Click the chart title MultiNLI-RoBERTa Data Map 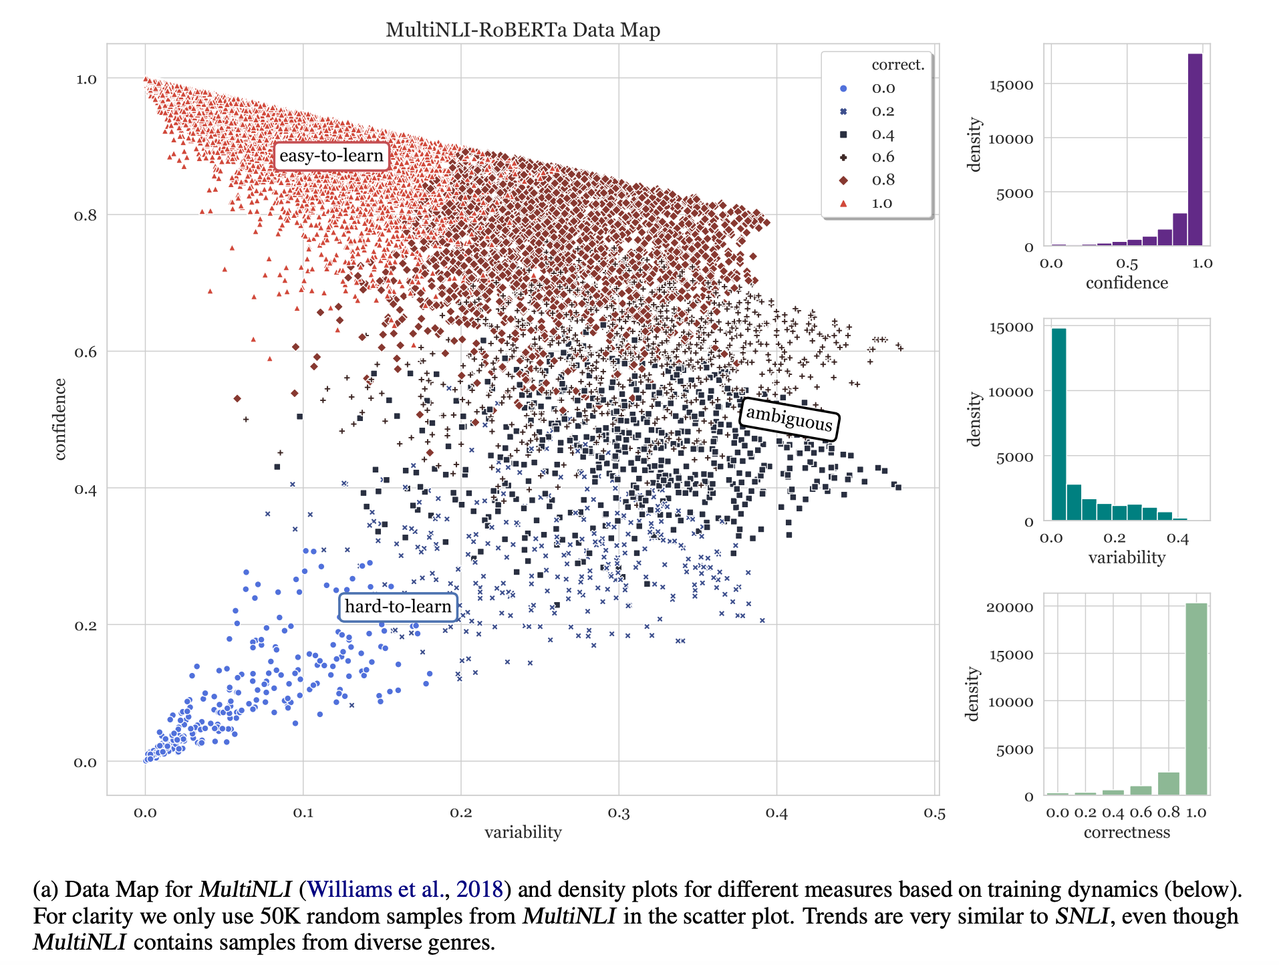523,30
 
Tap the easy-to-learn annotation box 331,156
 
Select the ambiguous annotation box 789,418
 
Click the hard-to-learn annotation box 398,607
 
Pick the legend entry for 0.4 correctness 882,134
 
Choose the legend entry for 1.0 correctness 881,203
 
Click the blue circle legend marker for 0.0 843,88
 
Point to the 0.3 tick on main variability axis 618,813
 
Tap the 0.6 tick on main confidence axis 85,352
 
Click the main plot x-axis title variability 523,832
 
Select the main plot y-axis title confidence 60,419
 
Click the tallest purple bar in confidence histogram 1195,150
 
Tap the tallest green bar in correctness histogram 1196,698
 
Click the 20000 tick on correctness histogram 1010,607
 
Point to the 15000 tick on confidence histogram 1010,85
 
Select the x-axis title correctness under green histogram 1127,833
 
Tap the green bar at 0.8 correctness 1168,783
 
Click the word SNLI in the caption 1082,916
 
